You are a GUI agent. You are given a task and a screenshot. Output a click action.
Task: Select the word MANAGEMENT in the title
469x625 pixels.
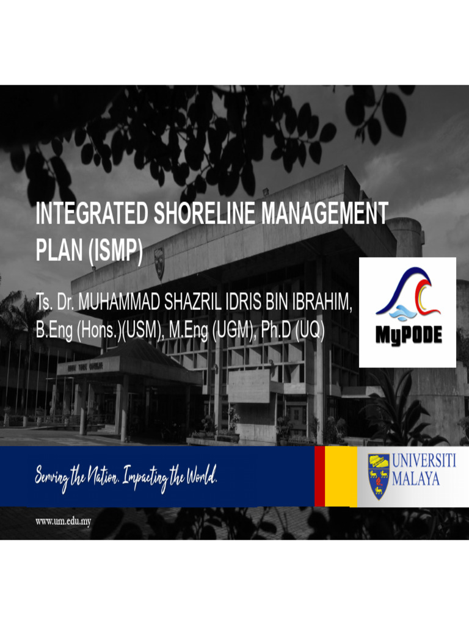coord(325,215)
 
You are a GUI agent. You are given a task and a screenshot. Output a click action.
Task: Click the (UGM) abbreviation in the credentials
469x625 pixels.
coord(233,330)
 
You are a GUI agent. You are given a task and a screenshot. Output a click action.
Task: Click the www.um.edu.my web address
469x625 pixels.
coord(64,521)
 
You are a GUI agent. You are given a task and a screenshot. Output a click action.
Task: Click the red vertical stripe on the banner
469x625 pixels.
coord(319,476)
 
